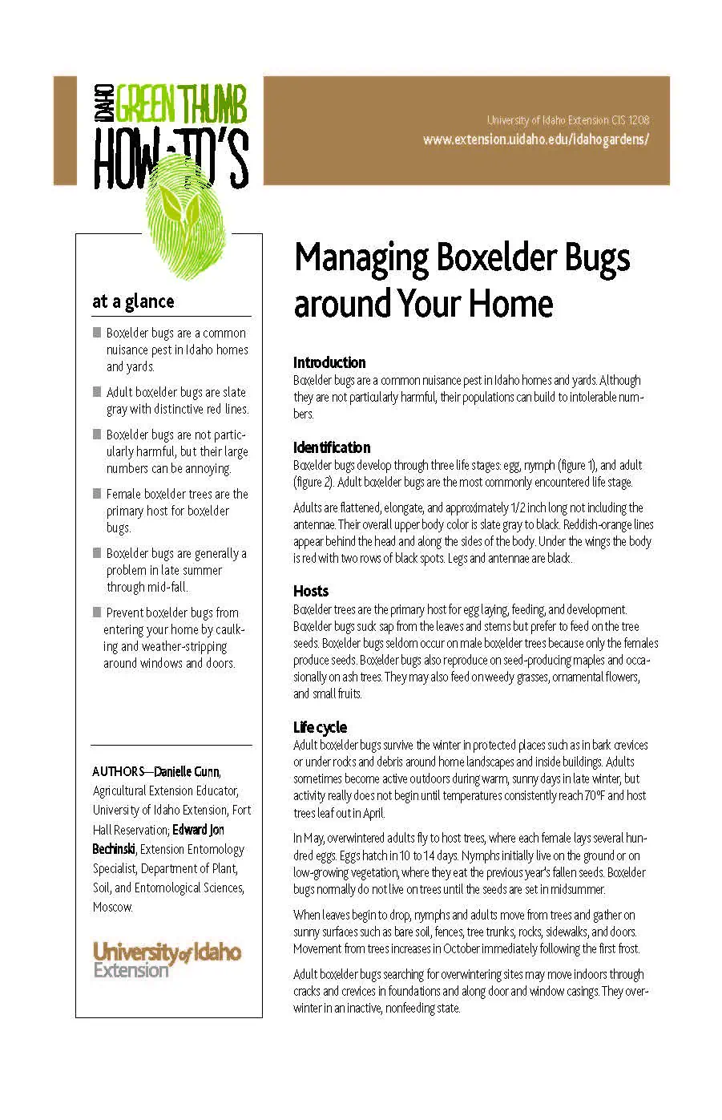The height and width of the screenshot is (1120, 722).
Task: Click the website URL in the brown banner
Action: (535, 139)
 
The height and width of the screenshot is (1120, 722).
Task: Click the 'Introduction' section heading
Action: (329, 362)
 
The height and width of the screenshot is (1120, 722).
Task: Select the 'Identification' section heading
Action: (332, 447)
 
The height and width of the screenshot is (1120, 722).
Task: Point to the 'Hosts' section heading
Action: (311, 591)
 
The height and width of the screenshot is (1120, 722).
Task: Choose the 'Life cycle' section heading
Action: (320, 727)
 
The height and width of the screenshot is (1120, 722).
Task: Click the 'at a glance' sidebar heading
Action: (133, 301)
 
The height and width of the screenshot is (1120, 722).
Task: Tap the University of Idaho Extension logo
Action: (167, 959)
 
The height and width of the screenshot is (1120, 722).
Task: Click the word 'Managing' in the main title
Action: (361, 258)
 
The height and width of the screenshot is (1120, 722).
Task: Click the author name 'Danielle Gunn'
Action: (187, 771)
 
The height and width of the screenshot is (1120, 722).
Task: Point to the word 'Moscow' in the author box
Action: (111, 907)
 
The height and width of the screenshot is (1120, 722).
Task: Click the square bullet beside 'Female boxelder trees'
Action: (97, 494)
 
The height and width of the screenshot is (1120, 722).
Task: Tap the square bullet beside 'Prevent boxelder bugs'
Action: (97, 613)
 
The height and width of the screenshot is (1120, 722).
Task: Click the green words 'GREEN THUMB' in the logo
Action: (182, 104)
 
